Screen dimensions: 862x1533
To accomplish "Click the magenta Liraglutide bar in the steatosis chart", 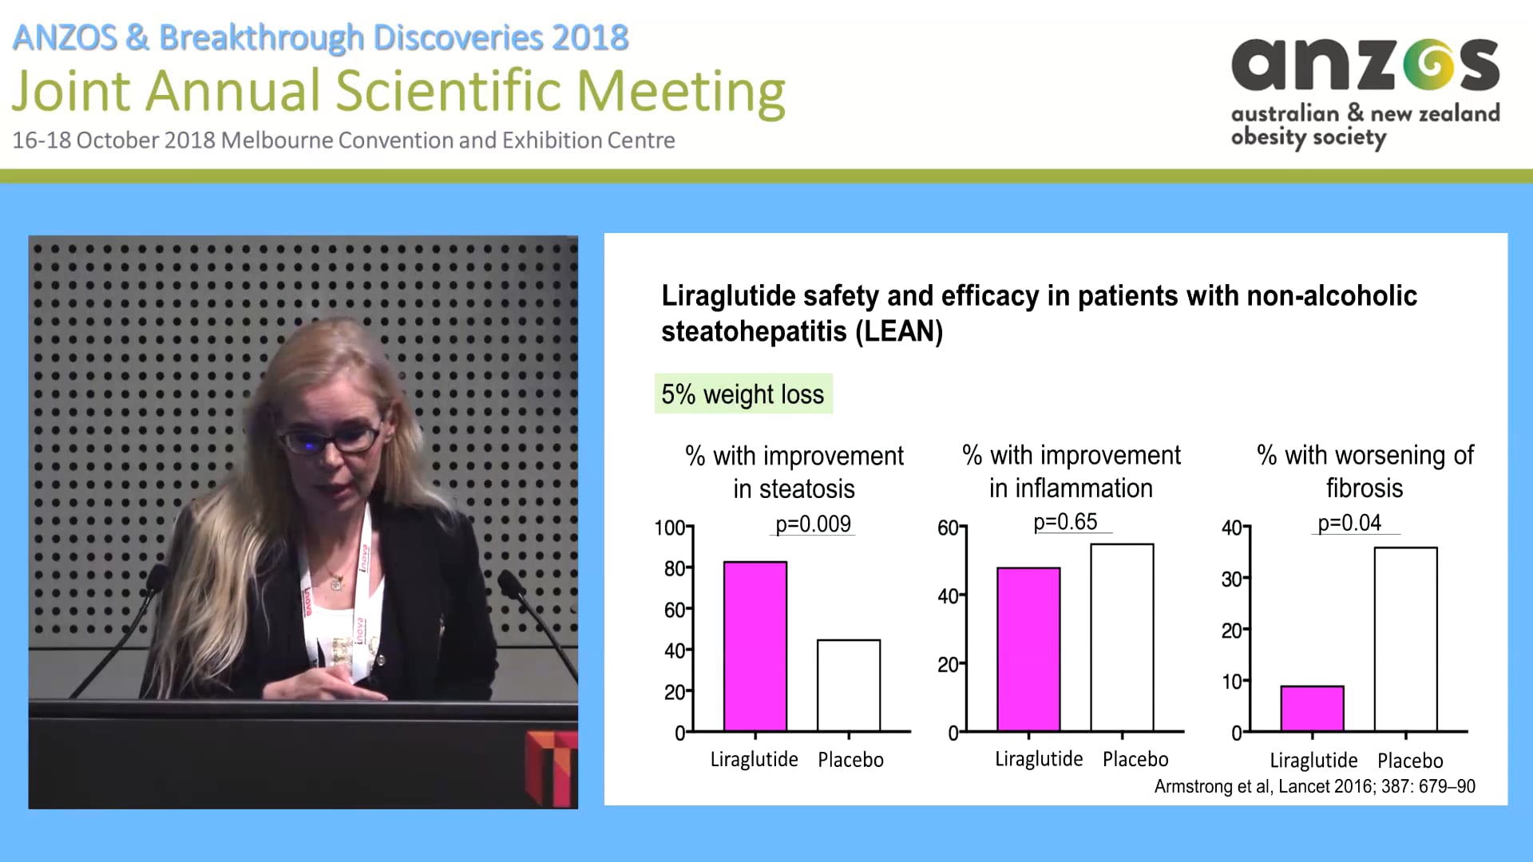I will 755,646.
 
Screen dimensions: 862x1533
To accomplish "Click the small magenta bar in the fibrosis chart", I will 1312,708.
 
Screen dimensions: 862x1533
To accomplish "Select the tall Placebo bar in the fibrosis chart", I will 1405,639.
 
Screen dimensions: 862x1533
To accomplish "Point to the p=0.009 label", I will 813,524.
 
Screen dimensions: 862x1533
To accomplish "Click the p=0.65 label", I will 1065,522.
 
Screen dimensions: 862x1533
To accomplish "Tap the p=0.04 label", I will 1349,523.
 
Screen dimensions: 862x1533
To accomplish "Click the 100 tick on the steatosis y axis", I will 669,528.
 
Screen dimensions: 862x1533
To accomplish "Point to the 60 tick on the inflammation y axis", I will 947,528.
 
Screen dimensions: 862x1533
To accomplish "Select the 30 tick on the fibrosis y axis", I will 1230,579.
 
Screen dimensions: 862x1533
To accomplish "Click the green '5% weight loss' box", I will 743,394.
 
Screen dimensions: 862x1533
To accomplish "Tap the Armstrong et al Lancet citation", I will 1314,786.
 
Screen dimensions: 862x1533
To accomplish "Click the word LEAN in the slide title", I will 900,331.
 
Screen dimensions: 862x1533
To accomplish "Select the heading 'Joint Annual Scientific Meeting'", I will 398,90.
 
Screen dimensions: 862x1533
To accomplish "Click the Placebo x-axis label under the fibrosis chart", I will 1409,761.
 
